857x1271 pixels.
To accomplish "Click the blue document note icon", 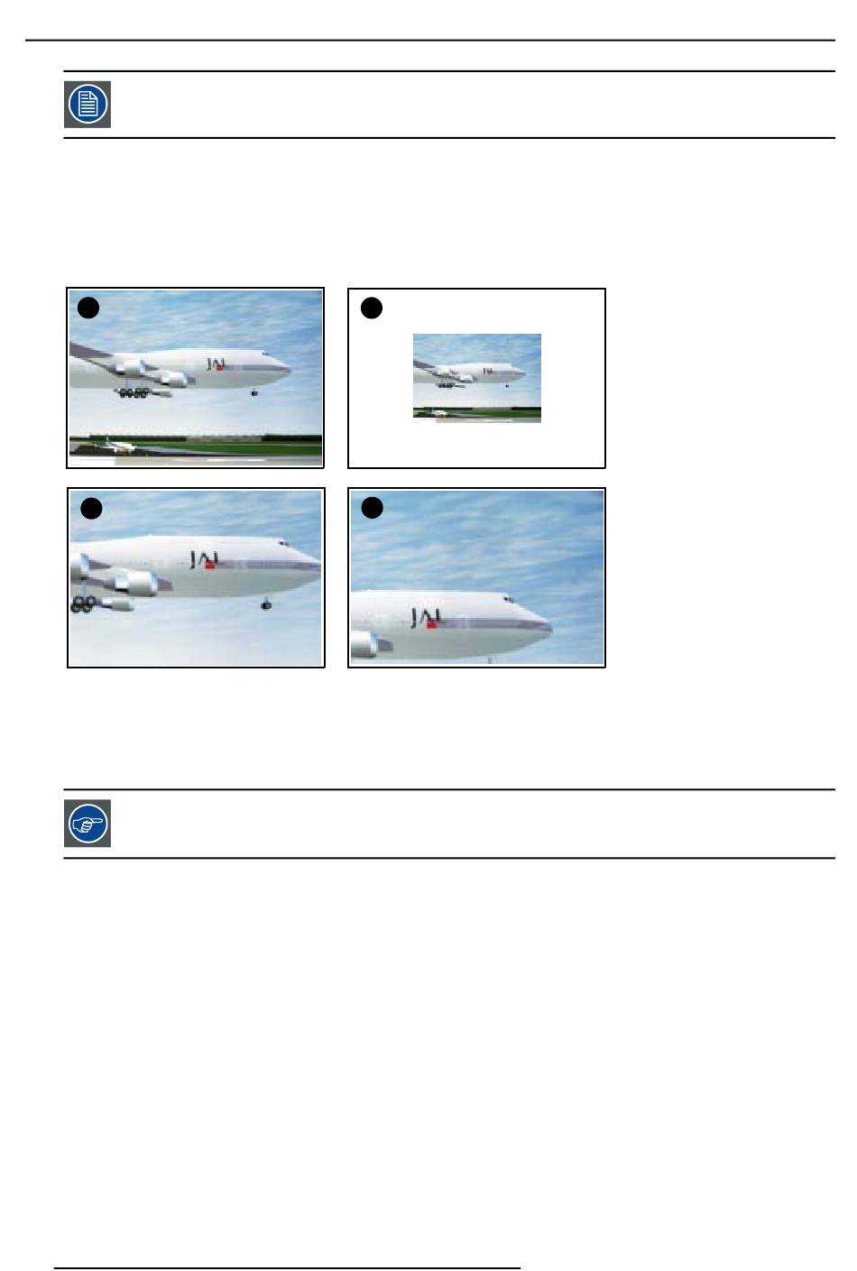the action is pyautogui.click(x=88, y=104).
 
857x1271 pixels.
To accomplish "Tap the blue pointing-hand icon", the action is pyautogui.click(x=88, y=824).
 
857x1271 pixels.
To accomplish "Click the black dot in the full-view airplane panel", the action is pyautogui.click(x=88, y=309).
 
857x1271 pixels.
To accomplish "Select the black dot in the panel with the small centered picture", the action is pyautogui.click(x=371, y=309).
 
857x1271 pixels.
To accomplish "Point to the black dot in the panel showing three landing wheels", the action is pyautogui.click(x=91, y=509).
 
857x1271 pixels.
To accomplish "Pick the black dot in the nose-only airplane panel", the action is pyautogui.click(x=372, y=508).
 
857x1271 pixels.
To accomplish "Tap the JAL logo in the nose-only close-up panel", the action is pyautogui.click(x=426, y=618).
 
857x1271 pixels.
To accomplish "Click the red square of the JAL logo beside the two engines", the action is pyautogui.click(x=210, y=565).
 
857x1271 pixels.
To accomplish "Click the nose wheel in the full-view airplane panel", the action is pyautogui.click(x=254, y=392).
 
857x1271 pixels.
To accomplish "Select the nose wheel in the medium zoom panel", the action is pyautogui.click(x=265, y=604).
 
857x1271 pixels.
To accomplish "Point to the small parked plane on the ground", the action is pyautogui.click(x=120, y=447).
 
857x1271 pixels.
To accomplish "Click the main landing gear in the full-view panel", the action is pyautogui.click(x=134, y=392).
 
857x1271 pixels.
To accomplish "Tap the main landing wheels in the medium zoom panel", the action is pyautogui.click(x=83, y=604).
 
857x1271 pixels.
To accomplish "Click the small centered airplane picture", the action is pyautogui.click(x=476, y=378).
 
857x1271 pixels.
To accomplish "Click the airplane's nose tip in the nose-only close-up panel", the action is pyautogui.click(x=550, y=628).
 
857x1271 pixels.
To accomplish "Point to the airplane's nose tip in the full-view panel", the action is pyautogui.click(x=289, y=371).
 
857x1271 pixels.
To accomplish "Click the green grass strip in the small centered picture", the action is pyautogui.click(x=476, y=412).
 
